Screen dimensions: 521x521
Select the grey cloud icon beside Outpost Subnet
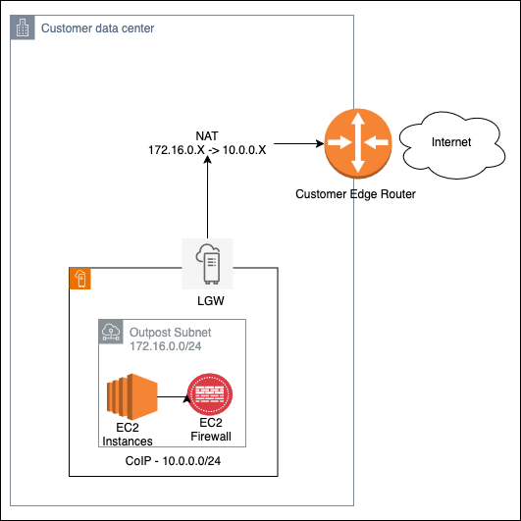click(x=112, y=332)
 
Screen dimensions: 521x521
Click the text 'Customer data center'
click(x=97, y=28)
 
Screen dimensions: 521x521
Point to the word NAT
click(x=208, y=136)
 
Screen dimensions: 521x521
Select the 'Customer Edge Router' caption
click(x=355, y=194)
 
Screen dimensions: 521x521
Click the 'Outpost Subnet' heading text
click(x=171, y=333)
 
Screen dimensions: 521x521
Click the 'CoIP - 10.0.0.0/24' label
click(x=173, y=461)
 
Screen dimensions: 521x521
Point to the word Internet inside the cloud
click(x=451, y=143)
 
